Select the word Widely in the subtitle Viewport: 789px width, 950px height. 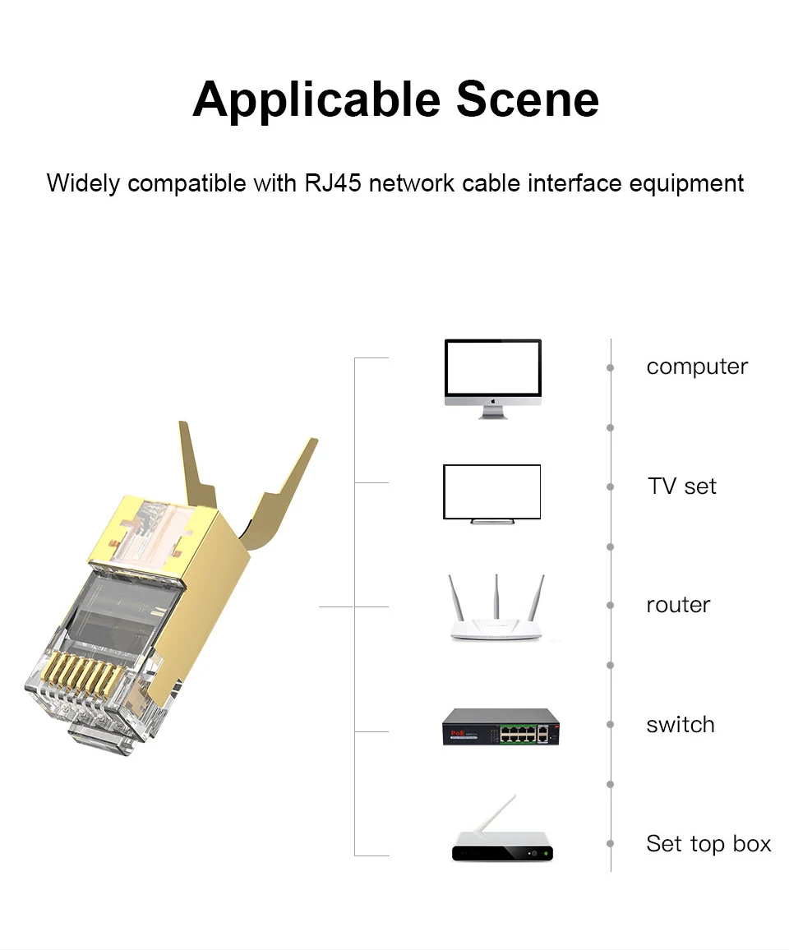[83, 182]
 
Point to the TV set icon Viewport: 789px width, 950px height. [492, 492]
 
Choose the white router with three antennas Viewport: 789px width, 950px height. [496, 612]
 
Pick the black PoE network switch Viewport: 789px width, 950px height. [501, 727]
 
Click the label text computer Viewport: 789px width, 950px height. [697, 367]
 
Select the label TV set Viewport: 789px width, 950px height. [681, 487]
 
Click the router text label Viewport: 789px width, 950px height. [678, 606]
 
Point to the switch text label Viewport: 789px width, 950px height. [680, 725]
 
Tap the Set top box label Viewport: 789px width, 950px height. [708, 844]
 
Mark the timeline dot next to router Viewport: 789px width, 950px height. [610, 606]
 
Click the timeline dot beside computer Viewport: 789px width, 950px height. [610, 367]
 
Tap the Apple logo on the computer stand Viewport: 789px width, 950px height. [493, 402]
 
